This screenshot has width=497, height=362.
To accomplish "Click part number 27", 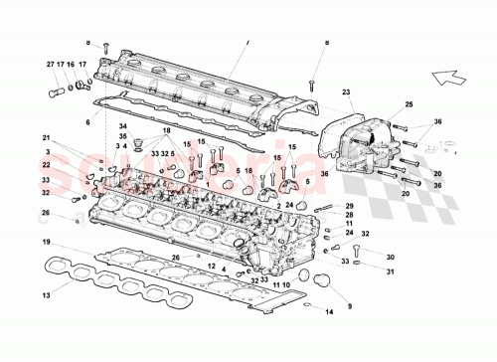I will click(x=50, y=65).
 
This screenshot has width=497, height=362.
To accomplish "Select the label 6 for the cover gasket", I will click(x=86, y=121).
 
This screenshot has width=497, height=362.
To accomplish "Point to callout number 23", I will click(x=348, y=92).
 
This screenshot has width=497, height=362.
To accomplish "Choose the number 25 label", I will click(x=408, y=104).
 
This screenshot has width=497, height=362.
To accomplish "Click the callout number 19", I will click(x=47, y=243).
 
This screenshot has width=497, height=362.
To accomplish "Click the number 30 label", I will click(x=390, y=256).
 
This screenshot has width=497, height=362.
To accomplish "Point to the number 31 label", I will click(x=390, y=271).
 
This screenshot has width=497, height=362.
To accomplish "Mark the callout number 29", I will click(x=350, y=204).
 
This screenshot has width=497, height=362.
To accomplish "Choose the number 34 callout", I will click(x=123, y=126).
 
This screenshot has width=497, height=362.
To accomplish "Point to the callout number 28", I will click(x=350, y=214).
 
